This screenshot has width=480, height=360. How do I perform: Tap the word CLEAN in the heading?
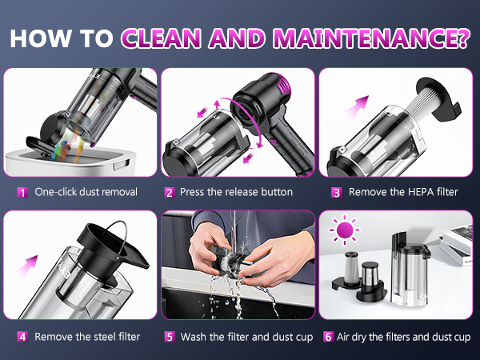(x=162, y=38)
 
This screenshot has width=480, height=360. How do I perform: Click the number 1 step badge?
(x=22, y=193)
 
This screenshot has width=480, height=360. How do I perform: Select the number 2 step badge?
(x=170, y=193)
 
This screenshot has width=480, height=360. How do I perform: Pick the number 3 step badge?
(x=337, y=193)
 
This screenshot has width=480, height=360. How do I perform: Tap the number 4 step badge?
(x=22, y=337)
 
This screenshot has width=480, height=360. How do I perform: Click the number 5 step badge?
(x=170, y=337)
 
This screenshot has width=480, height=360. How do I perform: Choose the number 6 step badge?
(x=328, y=337)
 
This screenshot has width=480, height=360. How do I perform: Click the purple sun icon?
(x=344, y=230)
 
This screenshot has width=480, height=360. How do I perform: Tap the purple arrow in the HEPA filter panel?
(x=357, y=106)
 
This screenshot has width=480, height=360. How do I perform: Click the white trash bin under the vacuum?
(x=70, y=162)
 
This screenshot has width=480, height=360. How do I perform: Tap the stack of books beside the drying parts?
(x=456, y=245)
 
